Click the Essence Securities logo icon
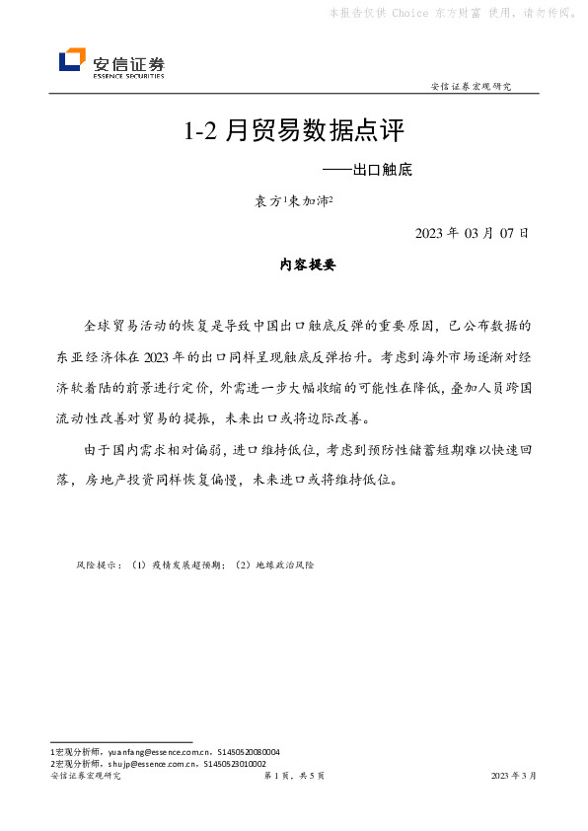(x=72, y=60)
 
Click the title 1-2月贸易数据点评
(x=294, y=132)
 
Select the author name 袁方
(x=267, y=201)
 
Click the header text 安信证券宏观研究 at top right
(x=472, y=87)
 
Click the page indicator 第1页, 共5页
(x=294, y=777)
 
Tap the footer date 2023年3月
(x=514, y=777)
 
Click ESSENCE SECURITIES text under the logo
(x=128, y=74)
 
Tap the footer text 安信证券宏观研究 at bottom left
(x=85, y=777)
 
